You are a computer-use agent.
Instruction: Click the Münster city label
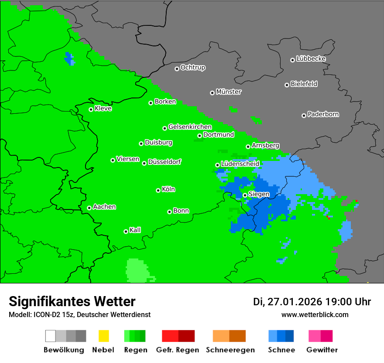pos(229,92)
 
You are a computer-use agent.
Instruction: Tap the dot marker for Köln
pos(158,190)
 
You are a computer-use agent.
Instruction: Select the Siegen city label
pos(259,194)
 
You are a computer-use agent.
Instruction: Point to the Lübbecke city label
pos(311,59)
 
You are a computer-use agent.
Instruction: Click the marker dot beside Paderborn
pos(304,115)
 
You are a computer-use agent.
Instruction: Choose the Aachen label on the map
pos(104,207)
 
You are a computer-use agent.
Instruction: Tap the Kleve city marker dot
pos(91,109)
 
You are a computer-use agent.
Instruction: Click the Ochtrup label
pos(193,68)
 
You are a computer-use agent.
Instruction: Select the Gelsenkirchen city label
pos(190,127)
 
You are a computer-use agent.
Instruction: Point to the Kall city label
pos(135,230)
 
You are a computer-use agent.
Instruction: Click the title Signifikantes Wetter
pos(72,301)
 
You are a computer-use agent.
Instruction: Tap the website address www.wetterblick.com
pos(315,314)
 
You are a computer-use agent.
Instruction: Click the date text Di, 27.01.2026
pos(287,302)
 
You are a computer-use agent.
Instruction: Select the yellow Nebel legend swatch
pos(103,336)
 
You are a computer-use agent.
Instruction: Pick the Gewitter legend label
pos(322,350)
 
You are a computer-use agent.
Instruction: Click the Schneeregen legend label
pos(229,350)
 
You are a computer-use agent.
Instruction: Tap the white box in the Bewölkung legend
pos(51,336)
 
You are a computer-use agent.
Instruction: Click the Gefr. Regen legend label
pos(178,350)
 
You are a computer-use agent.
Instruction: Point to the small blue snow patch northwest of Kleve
pos(69,59)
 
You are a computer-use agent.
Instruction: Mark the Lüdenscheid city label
pos(240,164)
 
